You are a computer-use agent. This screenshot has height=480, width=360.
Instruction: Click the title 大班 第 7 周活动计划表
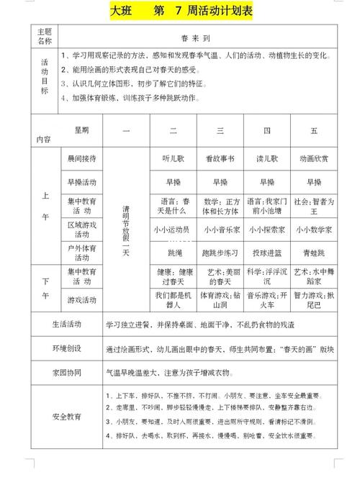coord(181,12)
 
